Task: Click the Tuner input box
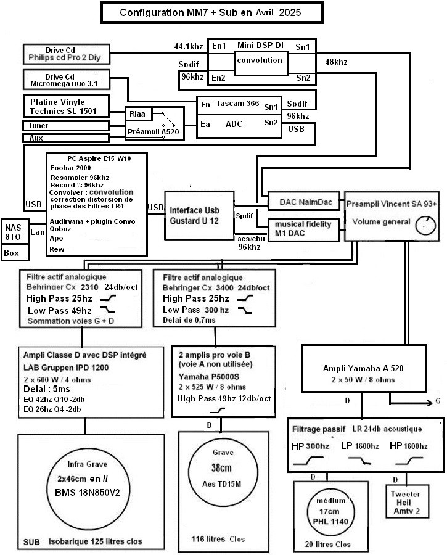coord(66,126)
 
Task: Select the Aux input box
coord(66,138)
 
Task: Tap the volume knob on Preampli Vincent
coord(425,226)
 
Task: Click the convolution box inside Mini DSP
coord(261,64)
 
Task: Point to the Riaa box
coord(138,113)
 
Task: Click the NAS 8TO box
coord(15,231)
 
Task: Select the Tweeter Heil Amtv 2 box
coord(407,502)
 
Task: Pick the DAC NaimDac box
coord(304,202)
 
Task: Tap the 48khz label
coord(336,62)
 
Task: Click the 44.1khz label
coord(189,46)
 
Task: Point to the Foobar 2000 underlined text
coord(71,168)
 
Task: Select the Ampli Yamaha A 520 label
coord(363,369)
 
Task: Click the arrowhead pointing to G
coord(429,403)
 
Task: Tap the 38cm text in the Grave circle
coord(221,468)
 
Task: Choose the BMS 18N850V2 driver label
coord(88,492)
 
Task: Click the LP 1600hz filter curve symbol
coord(359,461)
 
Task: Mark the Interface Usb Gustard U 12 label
coord(194,216)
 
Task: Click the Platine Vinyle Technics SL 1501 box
coord(66,106)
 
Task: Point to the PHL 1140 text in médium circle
coord(330,521)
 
